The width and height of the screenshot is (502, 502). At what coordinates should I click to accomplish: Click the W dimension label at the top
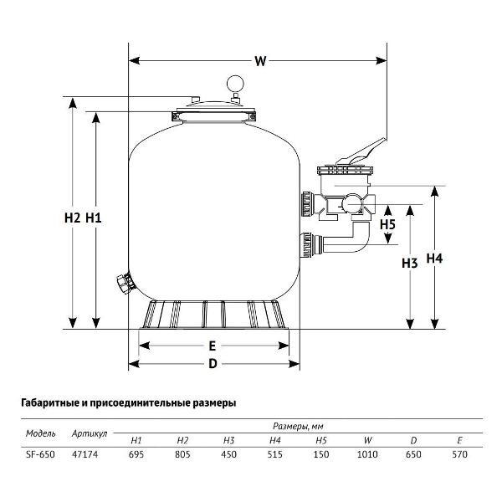(x=260, y=60)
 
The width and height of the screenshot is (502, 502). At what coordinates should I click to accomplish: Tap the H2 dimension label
(x=72, y=218)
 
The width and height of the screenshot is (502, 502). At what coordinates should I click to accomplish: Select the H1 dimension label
(x=94, y=218)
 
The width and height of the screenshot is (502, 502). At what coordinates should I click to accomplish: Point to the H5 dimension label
(x=387, y=224)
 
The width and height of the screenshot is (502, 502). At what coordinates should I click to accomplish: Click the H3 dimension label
(x=410, y=264)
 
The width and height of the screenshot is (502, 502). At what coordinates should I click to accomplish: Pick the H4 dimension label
(x=434, y=258)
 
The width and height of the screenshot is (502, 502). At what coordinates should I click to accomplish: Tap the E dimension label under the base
(x=213, y=346)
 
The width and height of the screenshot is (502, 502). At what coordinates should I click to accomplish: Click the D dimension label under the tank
(x=213, y=364)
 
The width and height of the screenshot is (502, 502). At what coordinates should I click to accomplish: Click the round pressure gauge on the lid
(x=235, y=84)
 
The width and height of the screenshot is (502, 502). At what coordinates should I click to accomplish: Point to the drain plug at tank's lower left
(x=125, y=283)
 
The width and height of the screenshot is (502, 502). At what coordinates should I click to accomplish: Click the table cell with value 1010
(x=367, y=454)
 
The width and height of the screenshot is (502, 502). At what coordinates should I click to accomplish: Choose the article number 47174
(x=85, y=454)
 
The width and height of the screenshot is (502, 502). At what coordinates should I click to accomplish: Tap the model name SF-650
(x=40, y=454)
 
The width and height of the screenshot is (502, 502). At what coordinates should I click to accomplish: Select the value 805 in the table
(x=182, y=454)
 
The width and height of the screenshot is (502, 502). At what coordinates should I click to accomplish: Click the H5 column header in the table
(x=321, y=441)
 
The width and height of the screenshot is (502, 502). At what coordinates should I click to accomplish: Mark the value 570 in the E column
(x=459, y=454)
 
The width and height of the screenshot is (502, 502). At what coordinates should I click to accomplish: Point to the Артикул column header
(x=90, y=433)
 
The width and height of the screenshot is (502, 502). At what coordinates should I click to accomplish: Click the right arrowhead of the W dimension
(x=381, y=60)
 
